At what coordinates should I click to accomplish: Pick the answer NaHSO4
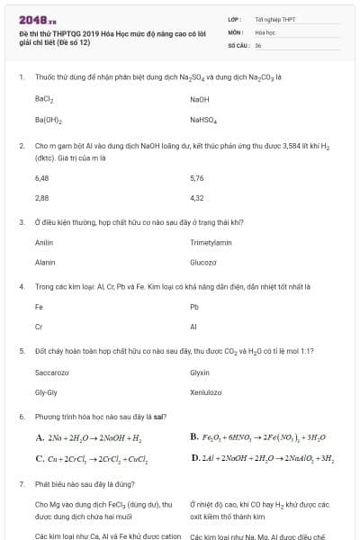coord(203,119)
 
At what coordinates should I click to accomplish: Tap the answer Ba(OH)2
coord(48,119)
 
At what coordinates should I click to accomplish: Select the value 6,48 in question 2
coord(41,178)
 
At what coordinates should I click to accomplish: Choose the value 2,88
coord(41,197)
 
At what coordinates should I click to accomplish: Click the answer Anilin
coord(44,243)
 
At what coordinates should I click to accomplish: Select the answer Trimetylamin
coord(211,243)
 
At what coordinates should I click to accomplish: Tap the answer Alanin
coord(45,262)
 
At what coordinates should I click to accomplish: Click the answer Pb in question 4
coord(194,307)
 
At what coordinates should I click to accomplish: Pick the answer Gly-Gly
coord(46,391)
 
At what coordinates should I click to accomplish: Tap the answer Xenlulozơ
coord(206,391)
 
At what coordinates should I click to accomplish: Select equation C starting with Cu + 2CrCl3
coord(92,458)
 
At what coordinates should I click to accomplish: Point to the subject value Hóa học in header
coord(265,31)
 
